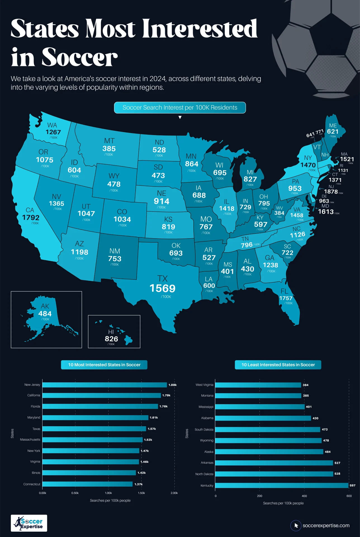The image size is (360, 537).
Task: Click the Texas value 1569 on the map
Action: [x=162, y=288]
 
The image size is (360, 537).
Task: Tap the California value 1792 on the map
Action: [x=31, y=218]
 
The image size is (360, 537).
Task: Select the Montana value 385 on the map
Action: [x=109, y=149]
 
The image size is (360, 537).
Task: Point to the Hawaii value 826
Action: [x=111, y=339]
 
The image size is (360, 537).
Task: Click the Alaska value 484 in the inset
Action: [x=45, y=314]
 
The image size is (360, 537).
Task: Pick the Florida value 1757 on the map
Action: [x=286, y=298]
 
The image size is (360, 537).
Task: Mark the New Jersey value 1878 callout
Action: [x=331, y=192]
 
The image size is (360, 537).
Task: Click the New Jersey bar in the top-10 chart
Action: [x=105, y=385]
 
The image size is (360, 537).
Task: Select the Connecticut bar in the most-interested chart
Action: [x=87, y=484]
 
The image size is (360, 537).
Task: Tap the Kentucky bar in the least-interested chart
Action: [x=282, y=486]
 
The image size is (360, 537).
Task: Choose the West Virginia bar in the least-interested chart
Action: [x=258, y=385]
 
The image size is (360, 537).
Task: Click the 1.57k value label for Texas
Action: [x=152, y=429]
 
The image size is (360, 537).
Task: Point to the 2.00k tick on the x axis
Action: [x=174, y=493]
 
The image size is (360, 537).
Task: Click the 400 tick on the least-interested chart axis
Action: [x=304, y=496]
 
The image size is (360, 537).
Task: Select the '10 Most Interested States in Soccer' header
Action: [x=104, y=365]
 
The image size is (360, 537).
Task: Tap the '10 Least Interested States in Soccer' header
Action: [x=278, y=365]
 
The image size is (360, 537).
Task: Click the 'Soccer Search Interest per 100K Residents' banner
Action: [x=180, y=108]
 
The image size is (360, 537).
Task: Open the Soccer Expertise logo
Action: [x=29, y=523]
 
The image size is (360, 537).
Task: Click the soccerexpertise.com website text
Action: [x=326, y=526]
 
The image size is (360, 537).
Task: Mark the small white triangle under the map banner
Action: [x=180, y=117]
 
